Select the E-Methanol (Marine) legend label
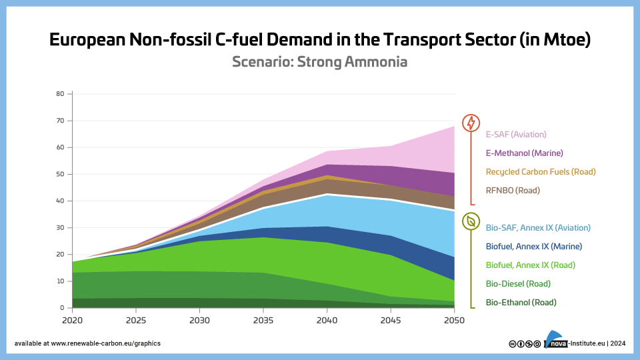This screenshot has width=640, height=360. coord(524,153)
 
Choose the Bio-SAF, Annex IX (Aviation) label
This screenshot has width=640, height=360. coord(538,227)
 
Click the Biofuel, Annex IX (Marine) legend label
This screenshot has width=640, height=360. coord(533,246)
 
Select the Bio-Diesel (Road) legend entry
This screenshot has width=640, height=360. coord(518,283)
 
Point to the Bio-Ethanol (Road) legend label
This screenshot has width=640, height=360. coord(521,302)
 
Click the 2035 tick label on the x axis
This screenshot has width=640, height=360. coord(263,319)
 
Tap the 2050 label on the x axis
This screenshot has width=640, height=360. coord(454,319)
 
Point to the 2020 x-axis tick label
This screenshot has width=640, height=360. coord(72,319)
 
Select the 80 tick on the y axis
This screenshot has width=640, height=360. coord(59,94)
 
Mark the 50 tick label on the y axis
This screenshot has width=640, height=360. coord(59,174)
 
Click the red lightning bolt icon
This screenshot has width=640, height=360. coord(471,123)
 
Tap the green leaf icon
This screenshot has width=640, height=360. coord(471,221)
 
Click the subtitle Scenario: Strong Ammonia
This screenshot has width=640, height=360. coord(319,62)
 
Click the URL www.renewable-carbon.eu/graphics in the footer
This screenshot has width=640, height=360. coord(105,343)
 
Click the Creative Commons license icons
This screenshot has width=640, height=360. coord(525,343)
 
